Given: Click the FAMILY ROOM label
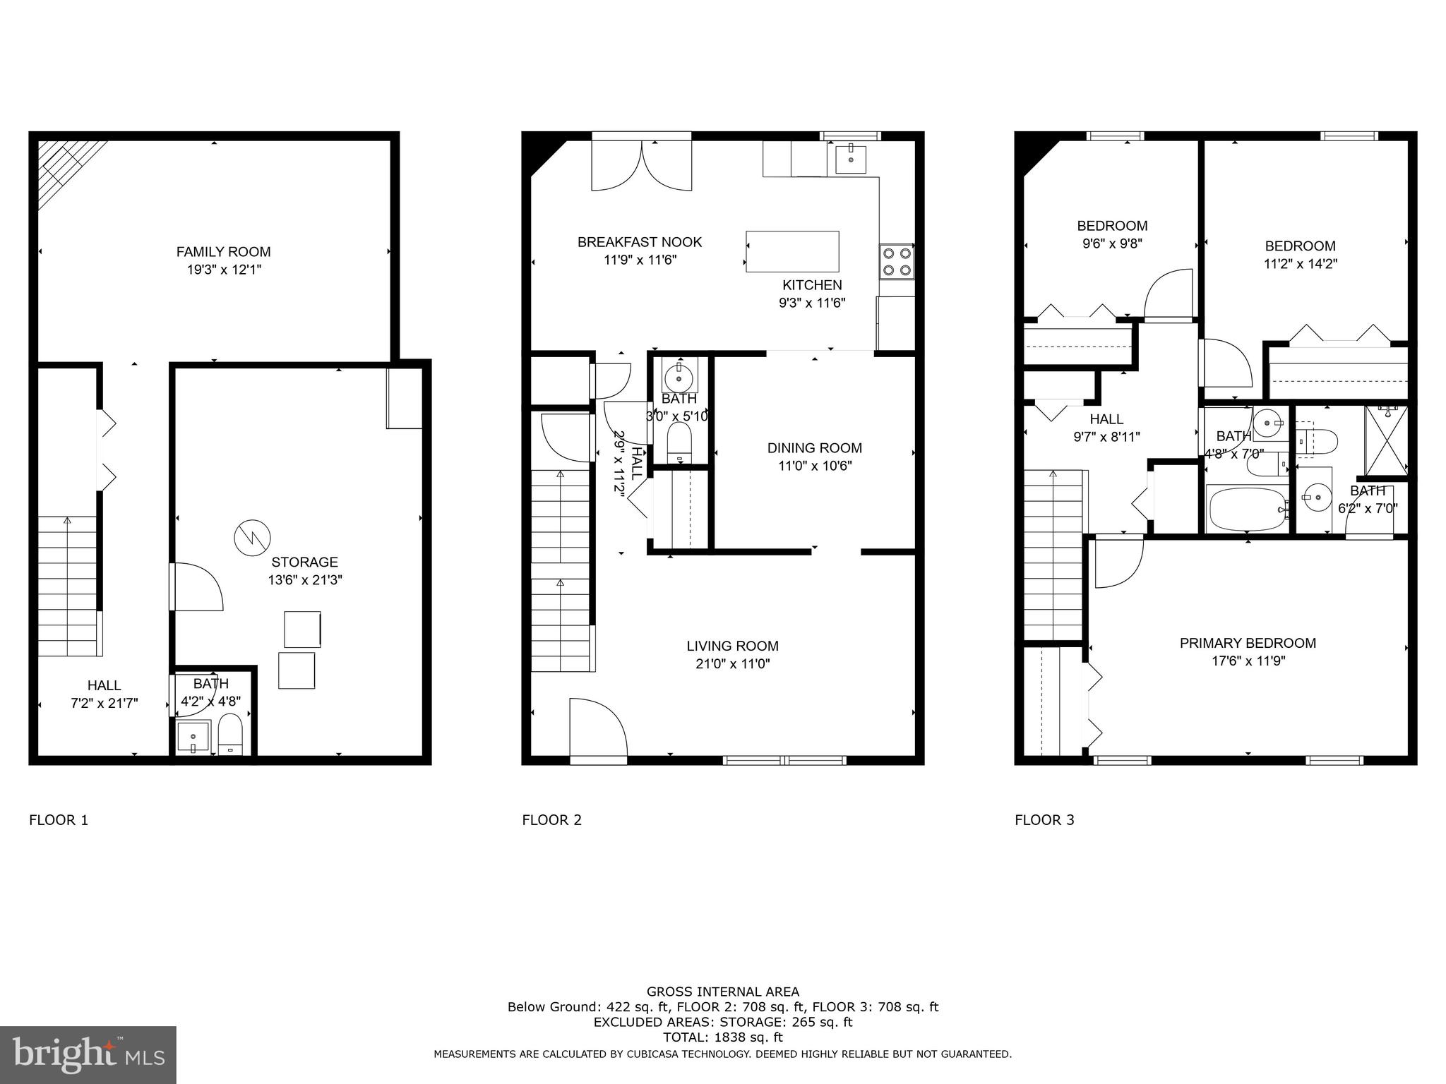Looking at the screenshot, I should (223, 251).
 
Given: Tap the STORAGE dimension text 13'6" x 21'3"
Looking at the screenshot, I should (305, 580).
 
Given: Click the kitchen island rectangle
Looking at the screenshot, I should (793, 251).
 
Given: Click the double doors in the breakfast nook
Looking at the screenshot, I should (641, 165).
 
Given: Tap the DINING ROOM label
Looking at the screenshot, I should (814, 447).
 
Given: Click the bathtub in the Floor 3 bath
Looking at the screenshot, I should (1247, 509).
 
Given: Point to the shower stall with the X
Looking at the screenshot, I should (1385, 439).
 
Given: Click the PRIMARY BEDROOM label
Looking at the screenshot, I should (1248, 643).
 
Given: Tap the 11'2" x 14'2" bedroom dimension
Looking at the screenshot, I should (1300, 264).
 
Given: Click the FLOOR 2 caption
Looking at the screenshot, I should (551, 820).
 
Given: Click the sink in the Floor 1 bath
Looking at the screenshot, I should (193, 737).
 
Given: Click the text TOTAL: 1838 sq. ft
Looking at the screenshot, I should (722, 1037).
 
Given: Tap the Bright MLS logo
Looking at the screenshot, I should (88, 1055).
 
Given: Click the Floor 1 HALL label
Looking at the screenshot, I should (104, 685).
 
